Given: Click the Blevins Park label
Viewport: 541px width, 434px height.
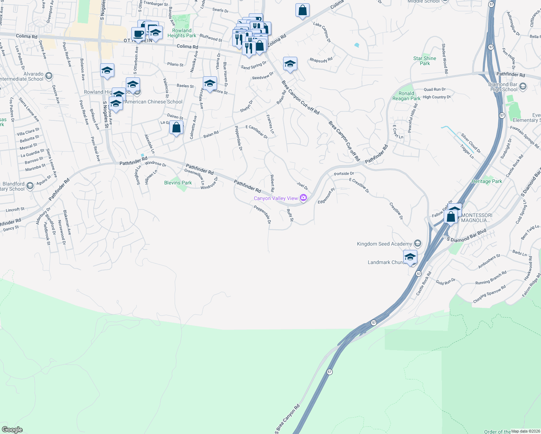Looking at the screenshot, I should tap(178, 183).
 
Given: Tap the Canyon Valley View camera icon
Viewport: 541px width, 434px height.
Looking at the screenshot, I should tap(303, 198).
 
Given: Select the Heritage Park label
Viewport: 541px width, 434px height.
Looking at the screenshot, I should tap(487, 181).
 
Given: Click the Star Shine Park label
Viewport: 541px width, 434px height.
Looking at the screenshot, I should tap(425, 61).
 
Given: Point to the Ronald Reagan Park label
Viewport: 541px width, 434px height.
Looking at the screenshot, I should tap(406, 96).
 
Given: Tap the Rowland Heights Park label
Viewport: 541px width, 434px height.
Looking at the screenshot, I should tap(182, 33).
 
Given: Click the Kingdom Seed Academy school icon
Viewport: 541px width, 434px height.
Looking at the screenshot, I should tap(418, 243).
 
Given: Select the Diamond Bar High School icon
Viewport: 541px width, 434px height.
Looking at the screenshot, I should tap(523, 87).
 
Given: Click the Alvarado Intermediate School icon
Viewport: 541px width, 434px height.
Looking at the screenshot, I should tap(49, 76).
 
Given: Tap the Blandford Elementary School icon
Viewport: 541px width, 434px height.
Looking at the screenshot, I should tap(30, 186).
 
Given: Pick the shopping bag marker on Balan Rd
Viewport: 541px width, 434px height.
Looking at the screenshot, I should tap(176, 128).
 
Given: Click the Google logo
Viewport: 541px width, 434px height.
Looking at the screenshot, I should tap(12, 429).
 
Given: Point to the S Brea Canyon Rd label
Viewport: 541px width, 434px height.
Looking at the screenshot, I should tap(288, 418).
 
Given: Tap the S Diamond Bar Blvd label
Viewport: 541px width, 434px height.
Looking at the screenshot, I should tap(467, 235).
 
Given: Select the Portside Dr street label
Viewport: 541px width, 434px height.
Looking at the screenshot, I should tap(344, 174).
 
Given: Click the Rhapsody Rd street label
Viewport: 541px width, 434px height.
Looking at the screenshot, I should tap(321, 60).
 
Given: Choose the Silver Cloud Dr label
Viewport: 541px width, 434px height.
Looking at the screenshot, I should tap(470, 143).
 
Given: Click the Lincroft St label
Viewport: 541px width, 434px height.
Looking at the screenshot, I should tap(15, 210).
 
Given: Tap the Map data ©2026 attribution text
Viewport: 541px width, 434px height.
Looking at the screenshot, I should tap(525, 431).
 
